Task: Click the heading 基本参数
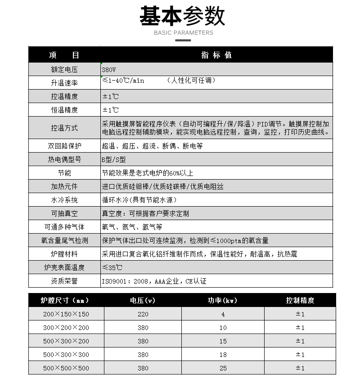click(x=182, y=16)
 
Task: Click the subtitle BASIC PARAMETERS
click(x=183, y=33)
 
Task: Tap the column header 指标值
click(x=216, y=55)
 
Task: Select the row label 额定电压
click(x=64, y=70)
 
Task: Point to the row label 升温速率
click(x=64, y=83)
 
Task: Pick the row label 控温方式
click(x=64, y=128)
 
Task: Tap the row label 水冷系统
click(x=64, y=200)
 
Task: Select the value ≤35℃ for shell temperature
click(x=112, y=267)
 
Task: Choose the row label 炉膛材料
click(x=64, y=254)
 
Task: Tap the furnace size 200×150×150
click(x=66, y=314)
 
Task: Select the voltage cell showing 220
click(x=143, y=314)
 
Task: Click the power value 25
click(x=223, y=368)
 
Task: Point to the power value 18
click(x=223, y=355)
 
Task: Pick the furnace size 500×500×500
click(x=66, y=368)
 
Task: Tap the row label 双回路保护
click(x=64, y=146)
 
